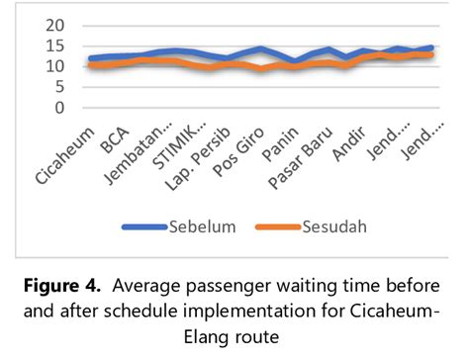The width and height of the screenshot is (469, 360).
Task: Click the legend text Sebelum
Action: [204, 226]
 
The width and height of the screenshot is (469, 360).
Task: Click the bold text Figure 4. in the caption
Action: [69, 287]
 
